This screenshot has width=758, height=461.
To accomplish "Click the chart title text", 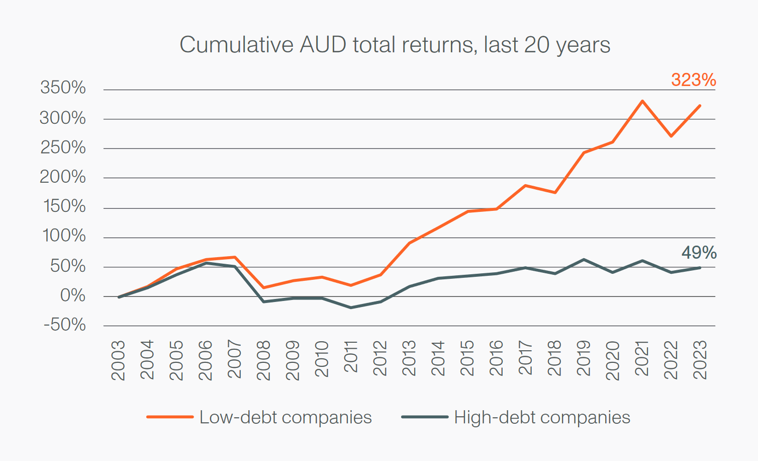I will pyautogui.click(x=395, y=45).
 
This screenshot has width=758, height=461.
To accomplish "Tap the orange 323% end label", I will pyautogui.click(x=693, y=80).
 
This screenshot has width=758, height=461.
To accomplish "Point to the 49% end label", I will pyautogui.click(x=699, y=253).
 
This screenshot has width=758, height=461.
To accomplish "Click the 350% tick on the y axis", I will pyautogui.click(x=63, y=88).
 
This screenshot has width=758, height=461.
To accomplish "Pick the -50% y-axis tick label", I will pyautogui.click(x=64, y=325).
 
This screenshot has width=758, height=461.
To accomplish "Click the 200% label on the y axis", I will pyautogui.click(x=63, y=177).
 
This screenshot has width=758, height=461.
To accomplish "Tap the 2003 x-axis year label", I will pyautogui.click(x=118, y=360).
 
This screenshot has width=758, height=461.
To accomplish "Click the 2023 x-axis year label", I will pyautogui.click(x=700, y=360).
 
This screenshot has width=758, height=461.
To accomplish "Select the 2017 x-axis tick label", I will pyautogui.click(x=525, y=358).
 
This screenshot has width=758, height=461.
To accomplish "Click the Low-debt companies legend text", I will pyautogui.click(x=286, y=417).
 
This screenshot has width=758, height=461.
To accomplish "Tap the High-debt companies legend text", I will pyautogui.click(x=542, y=417).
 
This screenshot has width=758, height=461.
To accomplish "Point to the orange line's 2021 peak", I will pyautogui.click(x=642, y=101).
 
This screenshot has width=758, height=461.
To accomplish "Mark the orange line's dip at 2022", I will pyautogui.click(x=671, y=136).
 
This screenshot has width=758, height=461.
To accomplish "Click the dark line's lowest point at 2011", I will pyautogui.click(x=351, y=308).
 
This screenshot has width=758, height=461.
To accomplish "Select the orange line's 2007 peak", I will pyautogui.click(x=235, y=257).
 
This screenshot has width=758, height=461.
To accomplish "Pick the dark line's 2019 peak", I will pyautogui.click(x=584, y=260).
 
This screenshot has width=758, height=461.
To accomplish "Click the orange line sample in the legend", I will pyautogui.click(x=170, y=417).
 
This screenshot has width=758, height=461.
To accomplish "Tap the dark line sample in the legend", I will pyautogui.click(x=425, y=417).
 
